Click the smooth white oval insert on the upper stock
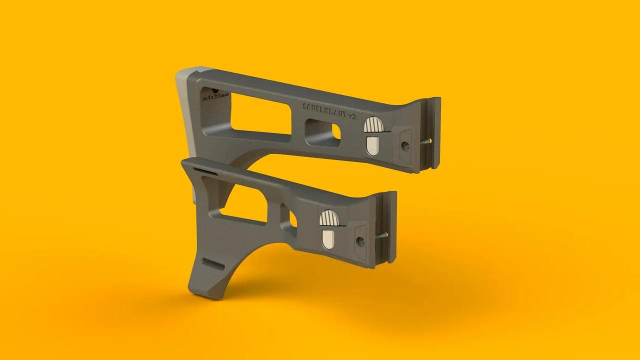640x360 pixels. pos(372,145)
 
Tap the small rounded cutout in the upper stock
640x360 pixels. pos(322,132)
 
